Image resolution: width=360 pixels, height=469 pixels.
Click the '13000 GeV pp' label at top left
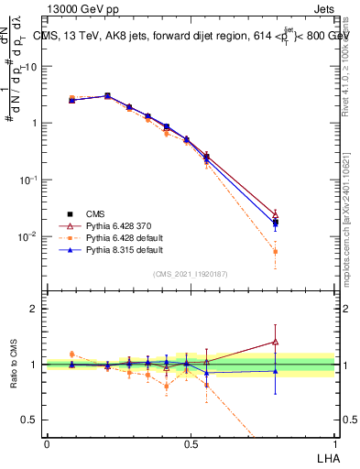(x=78, y=9)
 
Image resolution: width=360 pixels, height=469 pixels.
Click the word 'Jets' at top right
(x=322, y=9)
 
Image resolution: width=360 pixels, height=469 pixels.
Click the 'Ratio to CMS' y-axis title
(x=14, y=365)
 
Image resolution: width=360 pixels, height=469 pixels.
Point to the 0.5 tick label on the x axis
(x=191, y=442)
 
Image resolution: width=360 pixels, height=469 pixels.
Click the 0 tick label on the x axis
(x=47, y=442)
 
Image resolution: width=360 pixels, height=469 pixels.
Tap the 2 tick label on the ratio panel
(x=34, y=309)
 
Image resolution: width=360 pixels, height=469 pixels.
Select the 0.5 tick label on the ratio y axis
(x=30, y=420)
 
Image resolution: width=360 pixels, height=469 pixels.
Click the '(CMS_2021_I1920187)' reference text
(x=191, y=274)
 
